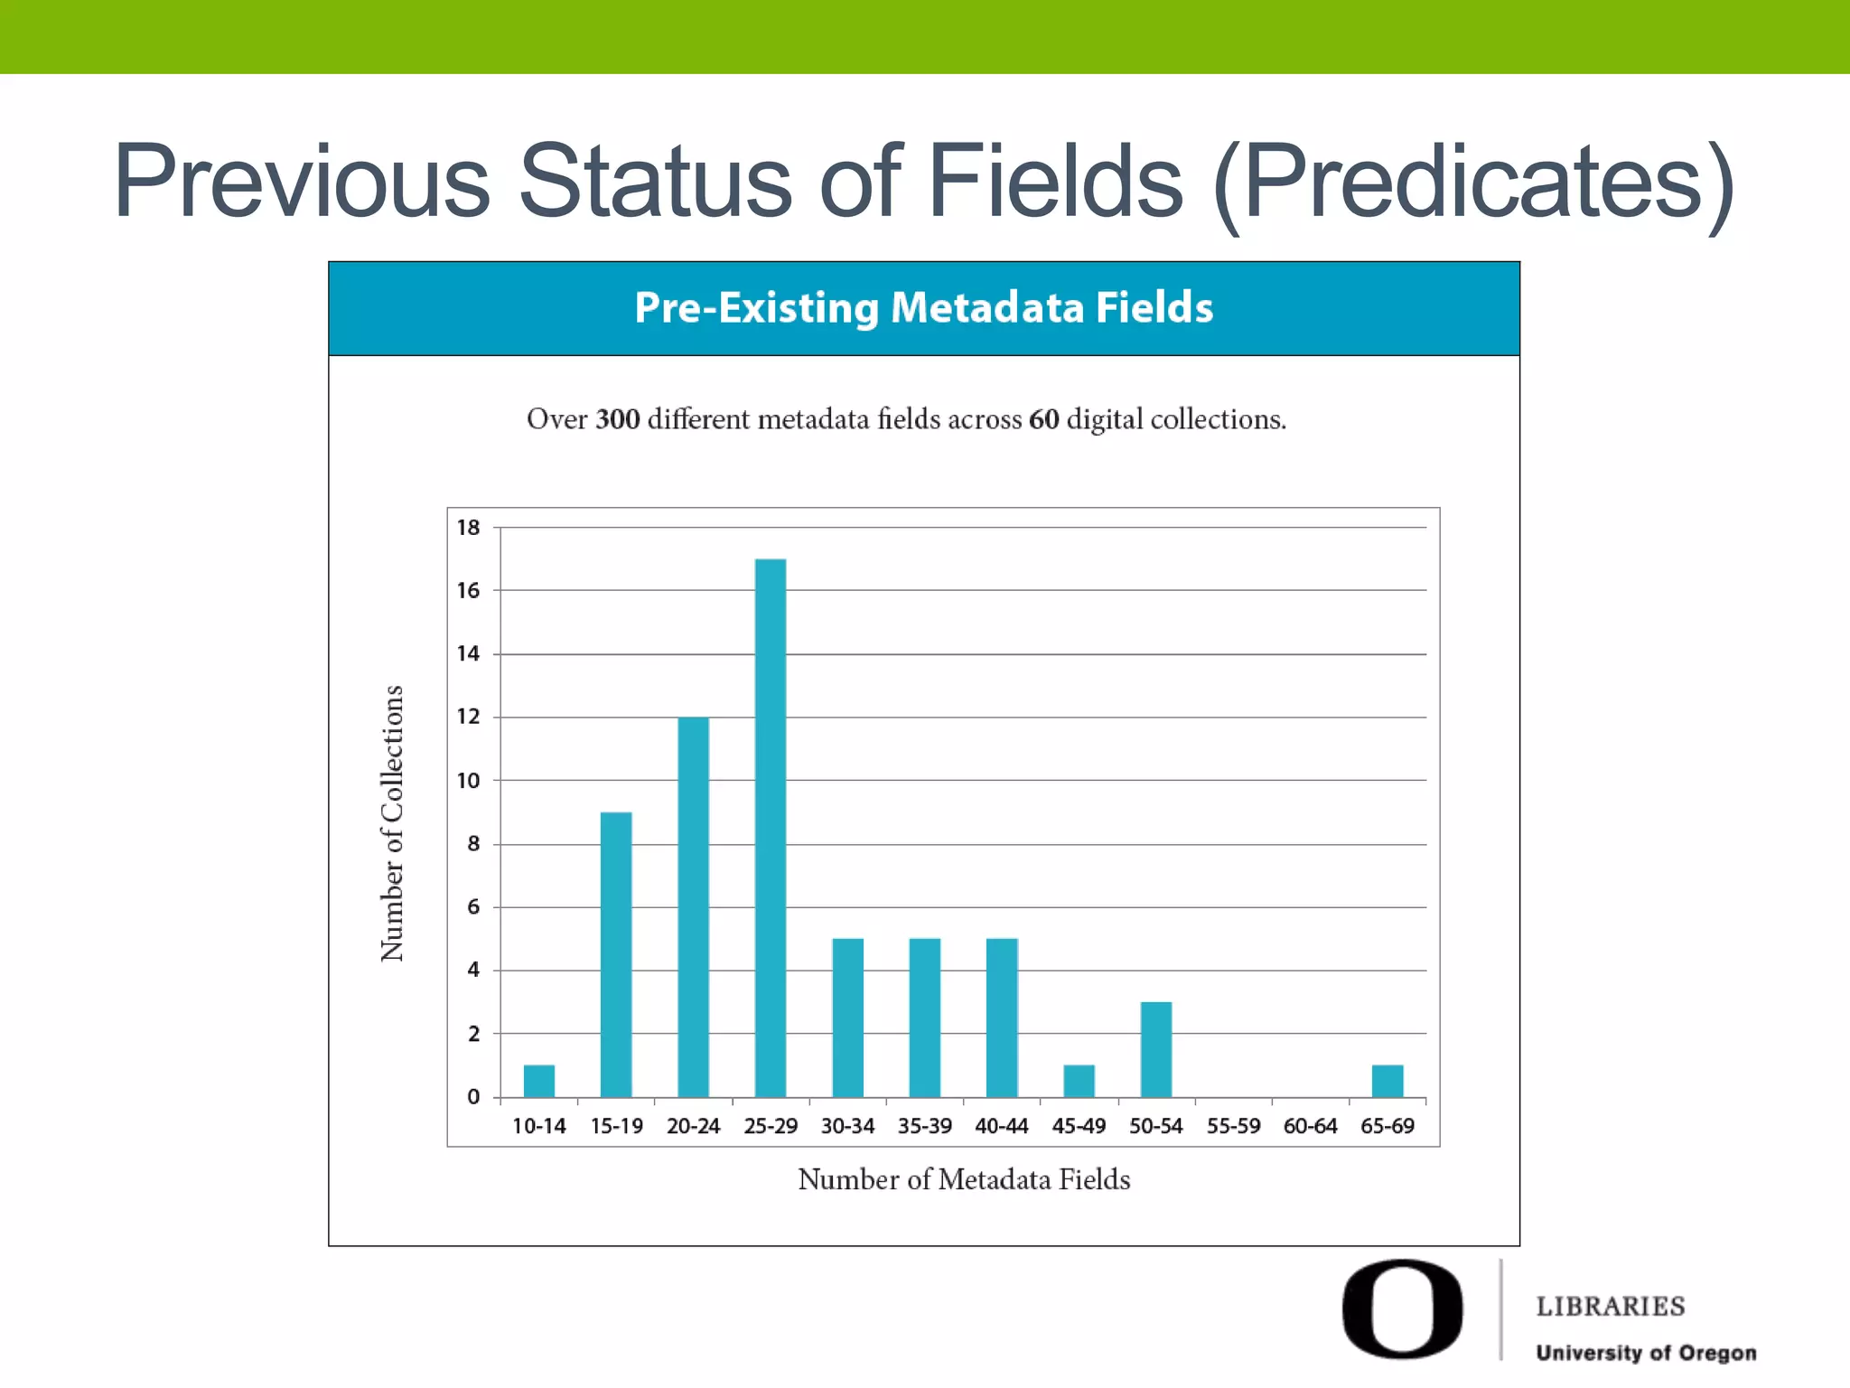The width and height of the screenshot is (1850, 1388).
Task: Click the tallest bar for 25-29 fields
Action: (771, 828)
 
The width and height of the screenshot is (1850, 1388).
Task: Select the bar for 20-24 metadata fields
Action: (693, 906)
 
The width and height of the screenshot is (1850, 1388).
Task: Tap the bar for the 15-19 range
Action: (616, 954)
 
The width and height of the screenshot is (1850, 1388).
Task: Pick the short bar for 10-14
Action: (539, 1081)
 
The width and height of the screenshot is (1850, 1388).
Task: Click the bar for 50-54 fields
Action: (1156, 1049)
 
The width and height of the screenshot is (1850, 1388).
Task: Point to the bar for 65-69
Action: (1387, 1081)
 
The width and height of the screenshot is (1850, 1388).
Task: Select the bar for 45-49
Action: (1079, 1081)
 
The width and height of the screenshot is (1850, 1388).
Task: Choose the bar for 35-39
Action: (925, 1018)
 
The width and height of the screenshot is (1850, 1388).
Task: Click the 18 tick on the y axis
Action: (468, 528)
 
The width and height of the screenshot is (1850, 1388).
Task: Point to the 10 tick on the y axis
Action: (468, 781)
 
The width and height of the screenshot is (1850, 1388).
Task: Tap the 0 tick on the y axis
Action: (473, 1097)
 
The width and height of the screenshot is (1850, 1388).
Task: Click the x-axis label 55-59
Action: (1233, 1127)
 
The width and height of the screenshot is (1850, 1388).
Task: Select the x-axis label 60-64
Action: (1310, 1127)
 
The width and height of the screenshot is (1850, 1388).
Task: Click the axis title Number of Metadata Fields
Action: (964, 1179)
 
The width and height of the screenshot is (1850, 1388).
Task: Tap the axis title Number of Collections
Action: (391, 823)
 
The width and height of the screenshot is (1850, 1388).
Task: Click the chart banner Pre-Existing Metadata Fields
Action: (923, 308)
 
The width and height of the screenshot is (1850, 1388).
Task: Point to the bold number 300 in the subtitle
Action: (618, 419)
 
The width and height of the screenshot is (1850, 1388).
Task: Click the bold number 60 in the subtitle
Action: (1043, 419)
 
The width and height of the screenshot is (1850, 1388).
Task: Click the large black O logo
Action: (1402, 1308)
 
